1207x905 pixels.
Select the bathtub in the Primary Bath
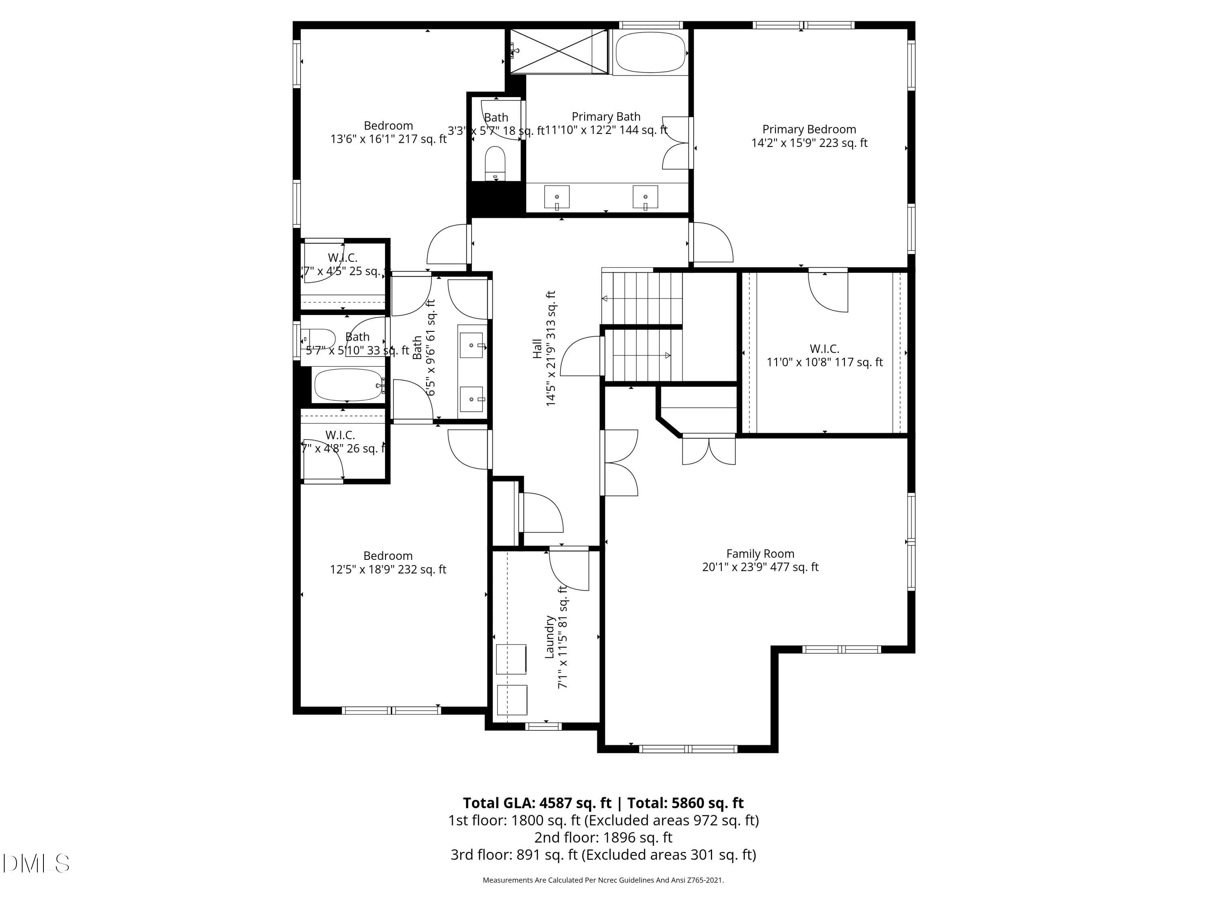click(651, 52)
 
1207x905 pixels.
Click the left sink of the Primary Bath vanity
click(556, 197)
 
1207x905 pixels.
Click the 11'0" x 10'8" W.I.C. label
click(824, 355)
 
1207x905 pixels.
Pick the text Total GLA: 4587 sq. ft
click(537, 803)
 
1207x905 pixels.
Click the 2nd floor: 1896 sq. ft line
click(603, 837)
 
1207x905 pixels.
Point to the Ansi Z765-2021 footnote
click(603, 880)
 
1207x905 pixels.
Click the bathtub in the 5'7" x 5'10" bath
click(348, 385)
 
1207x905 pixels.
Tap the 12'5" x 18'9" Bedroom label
click(388, 562)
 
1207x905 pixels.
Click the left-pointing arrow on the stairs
click(605, 298)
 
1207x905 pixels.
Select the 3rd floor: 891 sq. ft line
click(603, 855)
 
